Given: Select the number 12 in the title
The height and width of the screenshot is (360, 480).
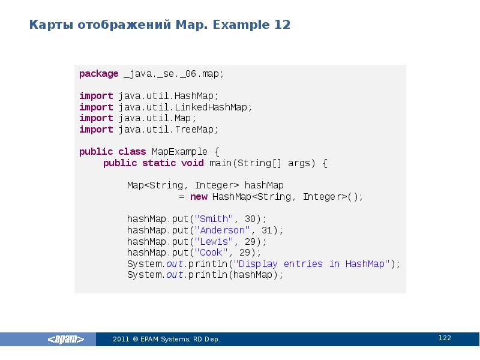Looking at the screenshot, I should coord(283,25).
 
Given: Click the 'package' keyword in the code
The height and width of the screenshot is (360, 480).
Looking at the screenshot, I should coord(99,74).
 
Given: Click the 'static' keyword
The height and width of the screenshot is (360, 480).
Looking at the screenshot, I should coord(159,163).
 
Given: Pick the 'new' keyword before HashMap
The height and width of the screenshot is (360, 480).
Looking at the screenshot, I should coord(199,197).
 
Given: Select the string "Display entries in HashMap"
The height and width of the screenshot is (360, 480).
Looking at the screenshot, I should coord(311,264).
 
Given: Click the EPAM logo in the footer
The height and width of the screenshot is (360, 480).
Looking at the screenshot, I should coord(66,340).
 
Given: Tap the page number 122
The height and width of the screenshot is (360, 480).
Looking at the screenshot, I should coord(445,338).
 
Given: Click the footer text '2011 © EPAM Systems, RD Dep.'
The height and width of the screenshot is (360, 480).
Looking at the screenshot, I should coord(167,340).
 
